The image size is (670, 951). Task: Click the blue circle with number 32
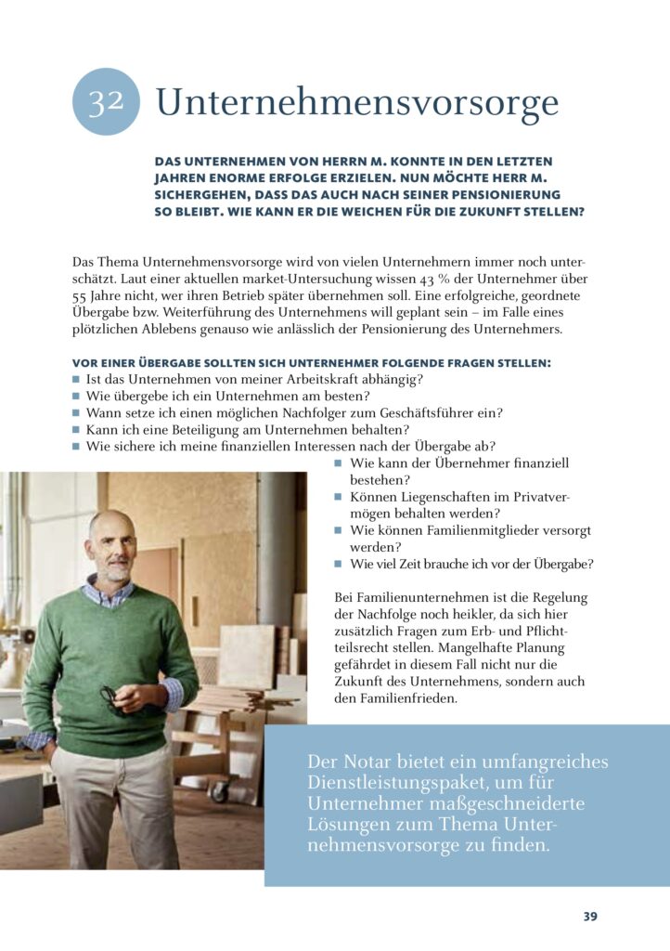click(x=106, y=102)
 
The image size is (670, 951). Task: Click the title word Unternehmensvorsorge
click(x=357, y=102)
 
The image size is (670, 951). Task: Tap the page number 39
click(x=590, y=917)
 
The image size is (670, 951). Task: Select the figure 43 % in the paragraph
click(x=406, y=279)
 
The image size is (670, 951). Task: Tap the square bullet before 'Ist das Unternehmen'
click(x=76, y=380)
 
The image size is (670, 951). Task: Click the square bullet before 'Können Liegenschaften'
click(x=339, y=498)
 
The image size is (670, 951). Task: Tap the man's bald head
click(x=111, y=524)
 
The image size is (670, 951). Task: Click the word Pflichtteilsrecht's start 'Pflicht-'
click(x=564, y=631)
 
